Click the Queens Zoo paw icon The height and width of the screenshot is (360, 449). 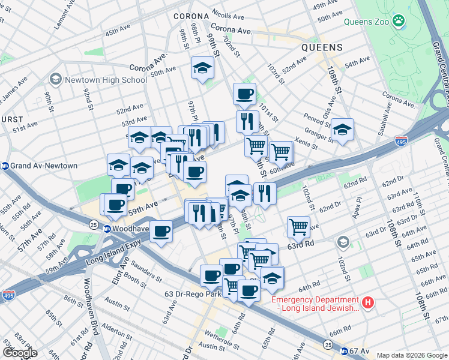(398, 22)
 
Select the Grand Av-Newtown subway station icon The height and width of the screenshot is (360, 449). (6, 166)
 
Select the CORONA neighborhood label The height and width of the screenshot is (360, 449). (190, 16)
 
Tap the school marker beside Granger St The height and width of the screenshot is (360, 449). (342, 129)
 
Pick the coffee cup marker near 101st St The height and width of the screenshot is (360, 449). (244, 94)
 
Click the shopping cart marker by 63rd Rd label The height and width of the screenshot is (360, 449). (298, 227)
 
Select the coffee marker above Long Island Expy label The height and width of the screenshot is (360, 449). (160, 230)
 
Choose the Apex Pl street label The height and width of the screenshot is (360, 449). (358, 212)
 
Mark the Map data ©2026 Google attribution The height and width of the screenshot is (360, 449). (411, 355)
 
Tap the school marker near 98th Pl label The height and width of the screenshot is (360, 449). (203, 68)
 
